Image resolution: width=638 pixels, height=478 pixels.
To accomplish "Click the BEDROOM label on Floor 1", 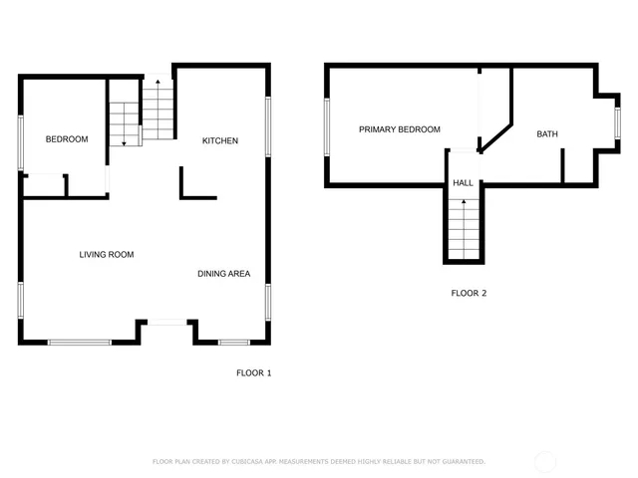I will [67, 139].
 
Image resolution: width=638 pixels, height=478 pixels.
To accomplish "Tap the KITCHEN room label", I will [220, 140].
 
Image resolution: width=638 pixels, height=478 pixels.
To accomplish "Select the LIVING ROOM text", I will [107, 255].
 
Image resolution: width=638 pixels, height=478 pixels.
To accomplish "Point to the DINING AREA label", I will [223, 274].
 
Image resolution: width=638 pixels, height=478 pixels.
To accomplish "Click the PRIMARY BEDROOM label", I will [400, 129].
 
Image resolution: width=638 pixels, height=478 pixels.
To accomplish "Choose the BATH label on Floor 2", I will [547, 134].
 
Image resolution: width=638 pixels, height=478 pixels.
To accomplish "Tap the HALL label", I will [464, 183].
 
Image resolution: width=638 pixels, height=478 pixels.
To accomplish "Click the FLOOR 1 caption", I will [253, 372].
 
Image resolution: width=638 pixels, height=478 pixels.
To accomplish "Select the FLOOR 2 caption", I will [469, 293].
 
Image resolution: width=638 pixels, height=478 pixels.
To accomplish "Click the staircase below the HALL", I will [464, 228].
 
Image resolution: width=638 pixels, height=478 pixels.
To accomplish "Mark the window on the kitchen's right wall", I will [268, 125].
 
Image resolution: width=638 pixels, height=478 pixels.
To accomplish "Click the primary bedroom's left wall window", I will [326, 126].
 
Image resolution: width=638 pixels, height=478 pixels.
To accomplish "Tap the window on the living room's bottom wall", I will [80, 343].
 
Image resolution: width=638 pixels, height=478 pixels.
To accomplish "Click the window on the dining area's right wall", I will [268, 302].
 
